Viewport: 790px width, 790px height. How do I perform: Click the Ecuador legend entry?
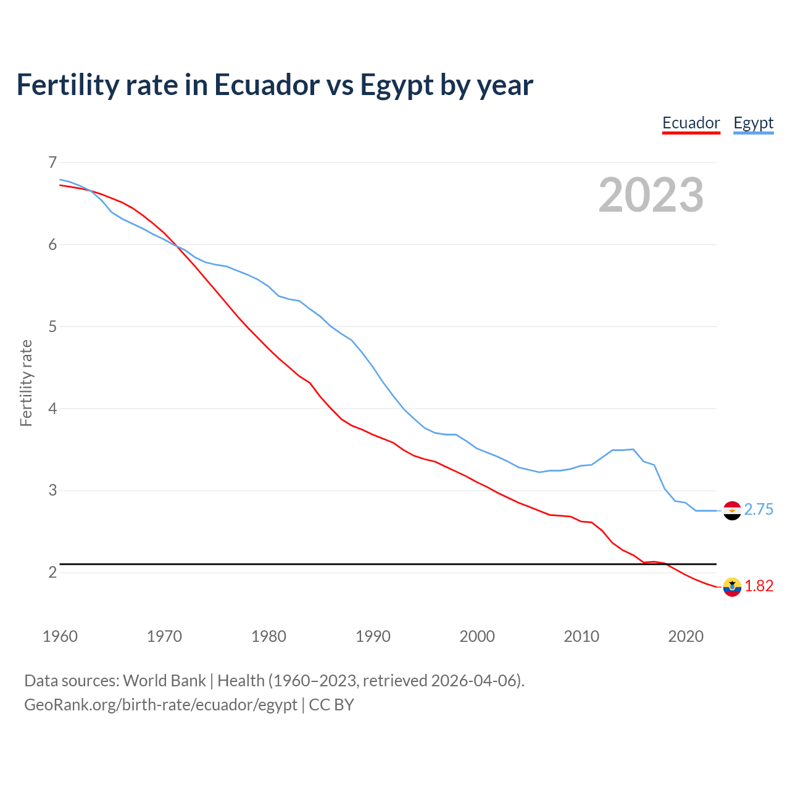[x=691, y=123]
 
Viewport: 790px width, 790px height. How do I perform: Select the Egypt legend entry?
[x=753, y=123]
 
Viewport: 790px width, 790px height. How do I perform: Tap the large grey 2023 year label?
[x=651, y=195]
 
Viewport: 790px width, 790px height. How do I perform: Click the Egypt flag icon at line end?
[x=732, y=510]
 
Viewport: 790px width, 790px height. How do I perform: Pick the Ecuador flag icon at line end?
[x=732, y=587]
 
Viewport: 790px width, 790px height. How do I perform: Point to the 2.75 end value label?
[x=759, y=510]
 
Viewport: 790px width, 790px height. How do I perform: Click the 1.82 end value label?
[x=759, y=586]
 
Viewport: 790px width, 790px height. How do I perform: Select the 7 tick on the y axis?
[x=52, y=162]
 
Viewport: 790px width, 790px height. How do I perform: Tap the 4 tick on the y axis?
[x=52, y=409]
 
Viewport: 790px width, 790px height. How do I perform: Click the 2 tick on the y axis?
[x=52, y=573]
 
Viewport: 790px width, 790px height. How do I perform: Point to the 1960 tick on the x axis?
[x=60, y=636]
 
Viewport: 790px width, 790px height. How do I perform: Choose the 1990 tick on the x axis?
[x=373, y=636]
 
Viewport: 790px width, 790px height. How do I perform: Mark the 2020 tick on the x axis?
[x=686, y=636]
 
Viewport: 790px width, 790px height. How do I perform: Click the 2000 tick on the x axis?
[x=477, y=636]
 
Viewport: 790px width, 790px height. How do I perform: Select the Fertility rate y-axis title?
[x=26, y=383]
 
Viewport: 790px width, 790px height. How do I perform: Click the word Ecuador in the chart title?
[x=267, y=85]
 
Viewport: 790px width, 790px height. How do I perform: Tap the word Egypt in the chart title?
[x=396, y=85]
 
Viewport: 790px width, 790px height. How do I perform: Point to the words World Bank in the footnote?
[x=164, y=681]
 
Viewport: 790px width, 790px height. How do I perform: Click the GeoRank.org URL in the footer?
[x=160, y=705]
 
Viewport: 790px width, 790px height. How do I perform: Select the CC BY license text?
[x=331, y=705]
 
